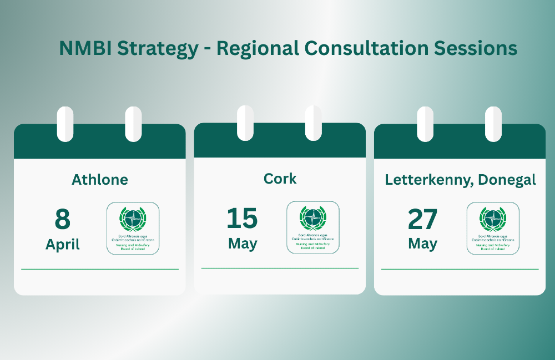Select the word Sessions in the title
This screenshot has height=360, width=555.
click(x=475, y=48)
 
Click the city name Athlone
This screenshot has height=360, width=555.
click(x=100, y=179)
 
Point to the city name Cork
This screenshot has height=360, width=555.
click(x=280, y=179)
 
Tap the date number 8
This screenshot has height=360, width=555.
click(x=62, y=219)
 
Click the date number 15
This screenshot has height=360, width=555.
click(x=242, y=218)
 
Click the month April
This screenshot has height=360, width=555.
click(x=63, y=245)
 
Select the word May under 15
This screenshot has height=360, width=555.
click(x=243, y=244)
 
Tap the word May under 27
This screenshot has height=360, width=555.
click(x=422, y=244)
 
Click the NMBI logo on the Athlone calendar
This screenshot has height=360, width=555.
click(x=133, y=229)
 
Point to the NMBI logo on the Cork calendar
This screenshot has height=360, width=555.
click(x=312, y=227)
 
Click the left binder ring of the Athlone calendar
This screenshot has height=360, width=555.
click(x=65, y=123)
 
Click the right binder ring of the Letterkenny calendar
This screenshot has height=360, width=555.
click(x=493, y=123)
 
